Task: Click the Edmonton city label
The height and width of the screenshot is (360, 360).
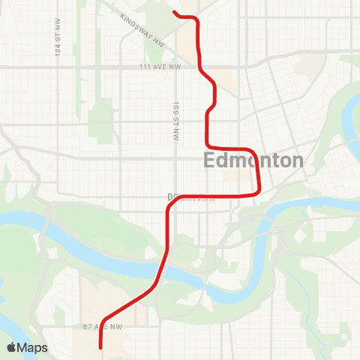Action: pos(253,160)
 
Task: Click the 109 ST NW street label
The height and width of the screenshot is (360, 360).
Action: pos(175,121)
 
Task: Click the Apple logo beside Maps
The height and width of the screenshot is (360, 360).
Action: pos(13,347)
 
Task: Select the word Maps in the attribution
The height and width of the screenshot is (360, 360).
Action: pos(33,347)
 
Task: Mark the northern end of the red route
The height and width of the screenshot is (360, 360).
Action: pos(175,12)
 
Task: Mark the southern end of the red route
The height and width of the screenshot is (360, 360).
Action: pos(100,347)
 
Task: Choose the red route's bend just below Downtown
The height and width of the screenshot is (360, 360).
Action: pos(168,212)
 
